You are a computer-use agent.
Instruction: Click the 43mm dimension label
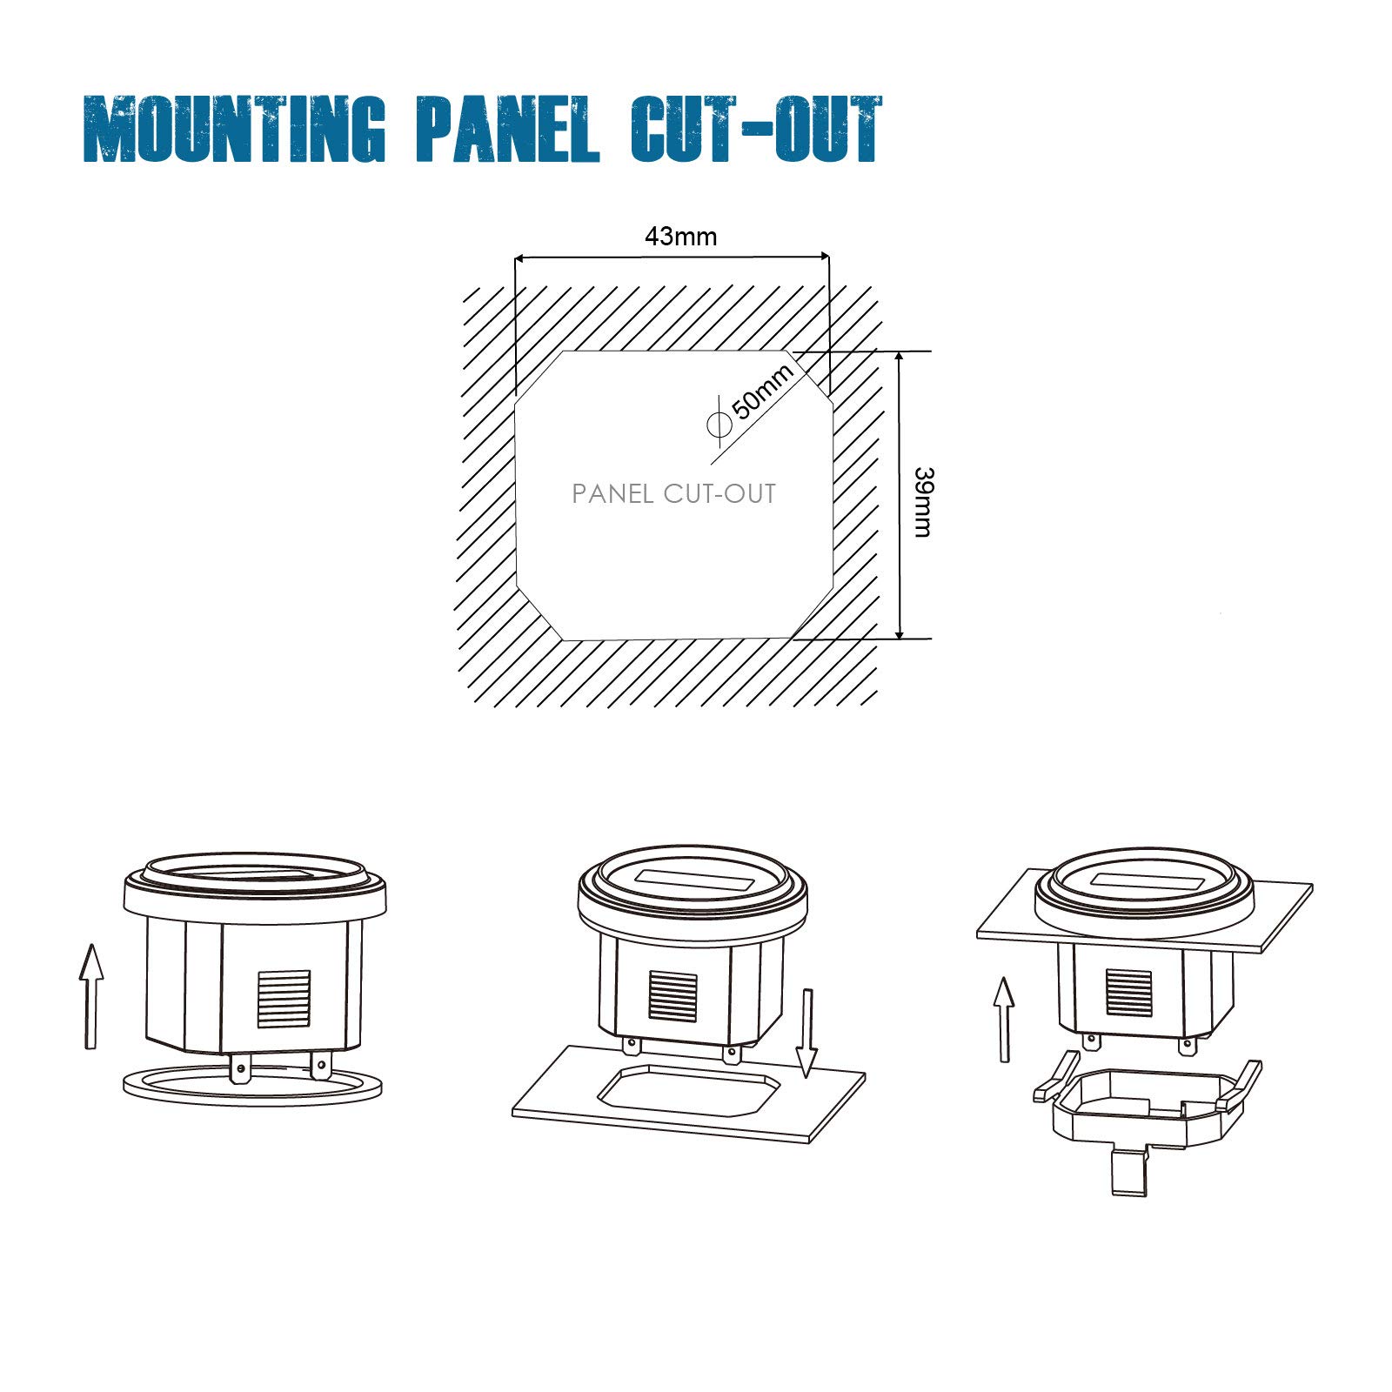click(680, 237)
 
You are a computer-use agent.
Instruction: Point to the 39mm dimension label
click(923, 502)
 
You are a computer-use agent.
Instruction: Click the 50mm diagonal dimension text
click(762, 391)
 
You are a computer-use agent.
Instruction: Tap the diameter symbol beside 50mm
click(719, 425)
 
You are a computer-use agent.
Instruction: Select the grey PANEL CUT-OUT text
click(673, 494)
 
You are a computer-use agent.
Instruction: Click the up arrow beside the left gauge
click(90, 996)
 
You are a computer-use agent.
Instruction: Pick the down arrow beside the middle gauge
click(807, 1033)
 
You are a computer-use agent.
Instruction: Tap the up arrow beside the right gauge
click(1005, 1019)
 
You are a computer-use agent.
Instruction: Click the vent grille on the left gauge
click(284, 999)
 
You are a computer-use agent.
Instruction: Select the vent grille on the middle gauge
click(673, 996)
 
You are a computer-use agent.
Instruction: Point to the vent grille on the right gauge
click(1129, 992)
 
